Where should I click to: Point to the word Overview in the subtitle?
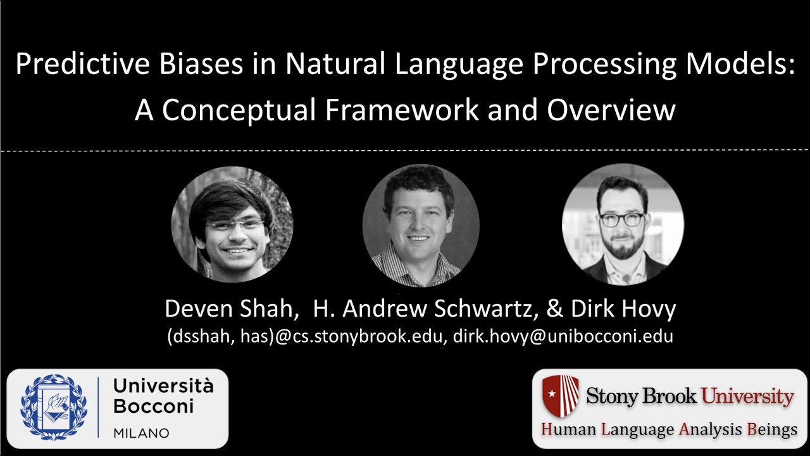[x=611, y=110]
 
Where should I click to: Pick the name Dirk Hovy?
[x=623, y=308]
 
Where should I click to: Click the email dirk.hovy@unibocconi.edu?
[x=563, y=336]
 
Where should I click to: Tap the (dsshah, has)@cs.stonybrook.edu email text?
[x=307, y=336]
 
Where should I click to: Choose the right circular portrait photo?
[x=623, y=224]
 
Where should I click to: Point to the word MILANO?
[x=141, y=433]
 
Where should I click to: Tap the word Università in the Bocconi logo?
[x=163, y=385]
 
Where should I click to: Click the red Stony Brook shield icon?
[x=561, y=395]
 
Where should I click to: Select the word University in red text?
[x=747, y=397]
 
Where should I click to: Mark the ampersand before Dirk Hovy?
[x=555, y=308]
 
